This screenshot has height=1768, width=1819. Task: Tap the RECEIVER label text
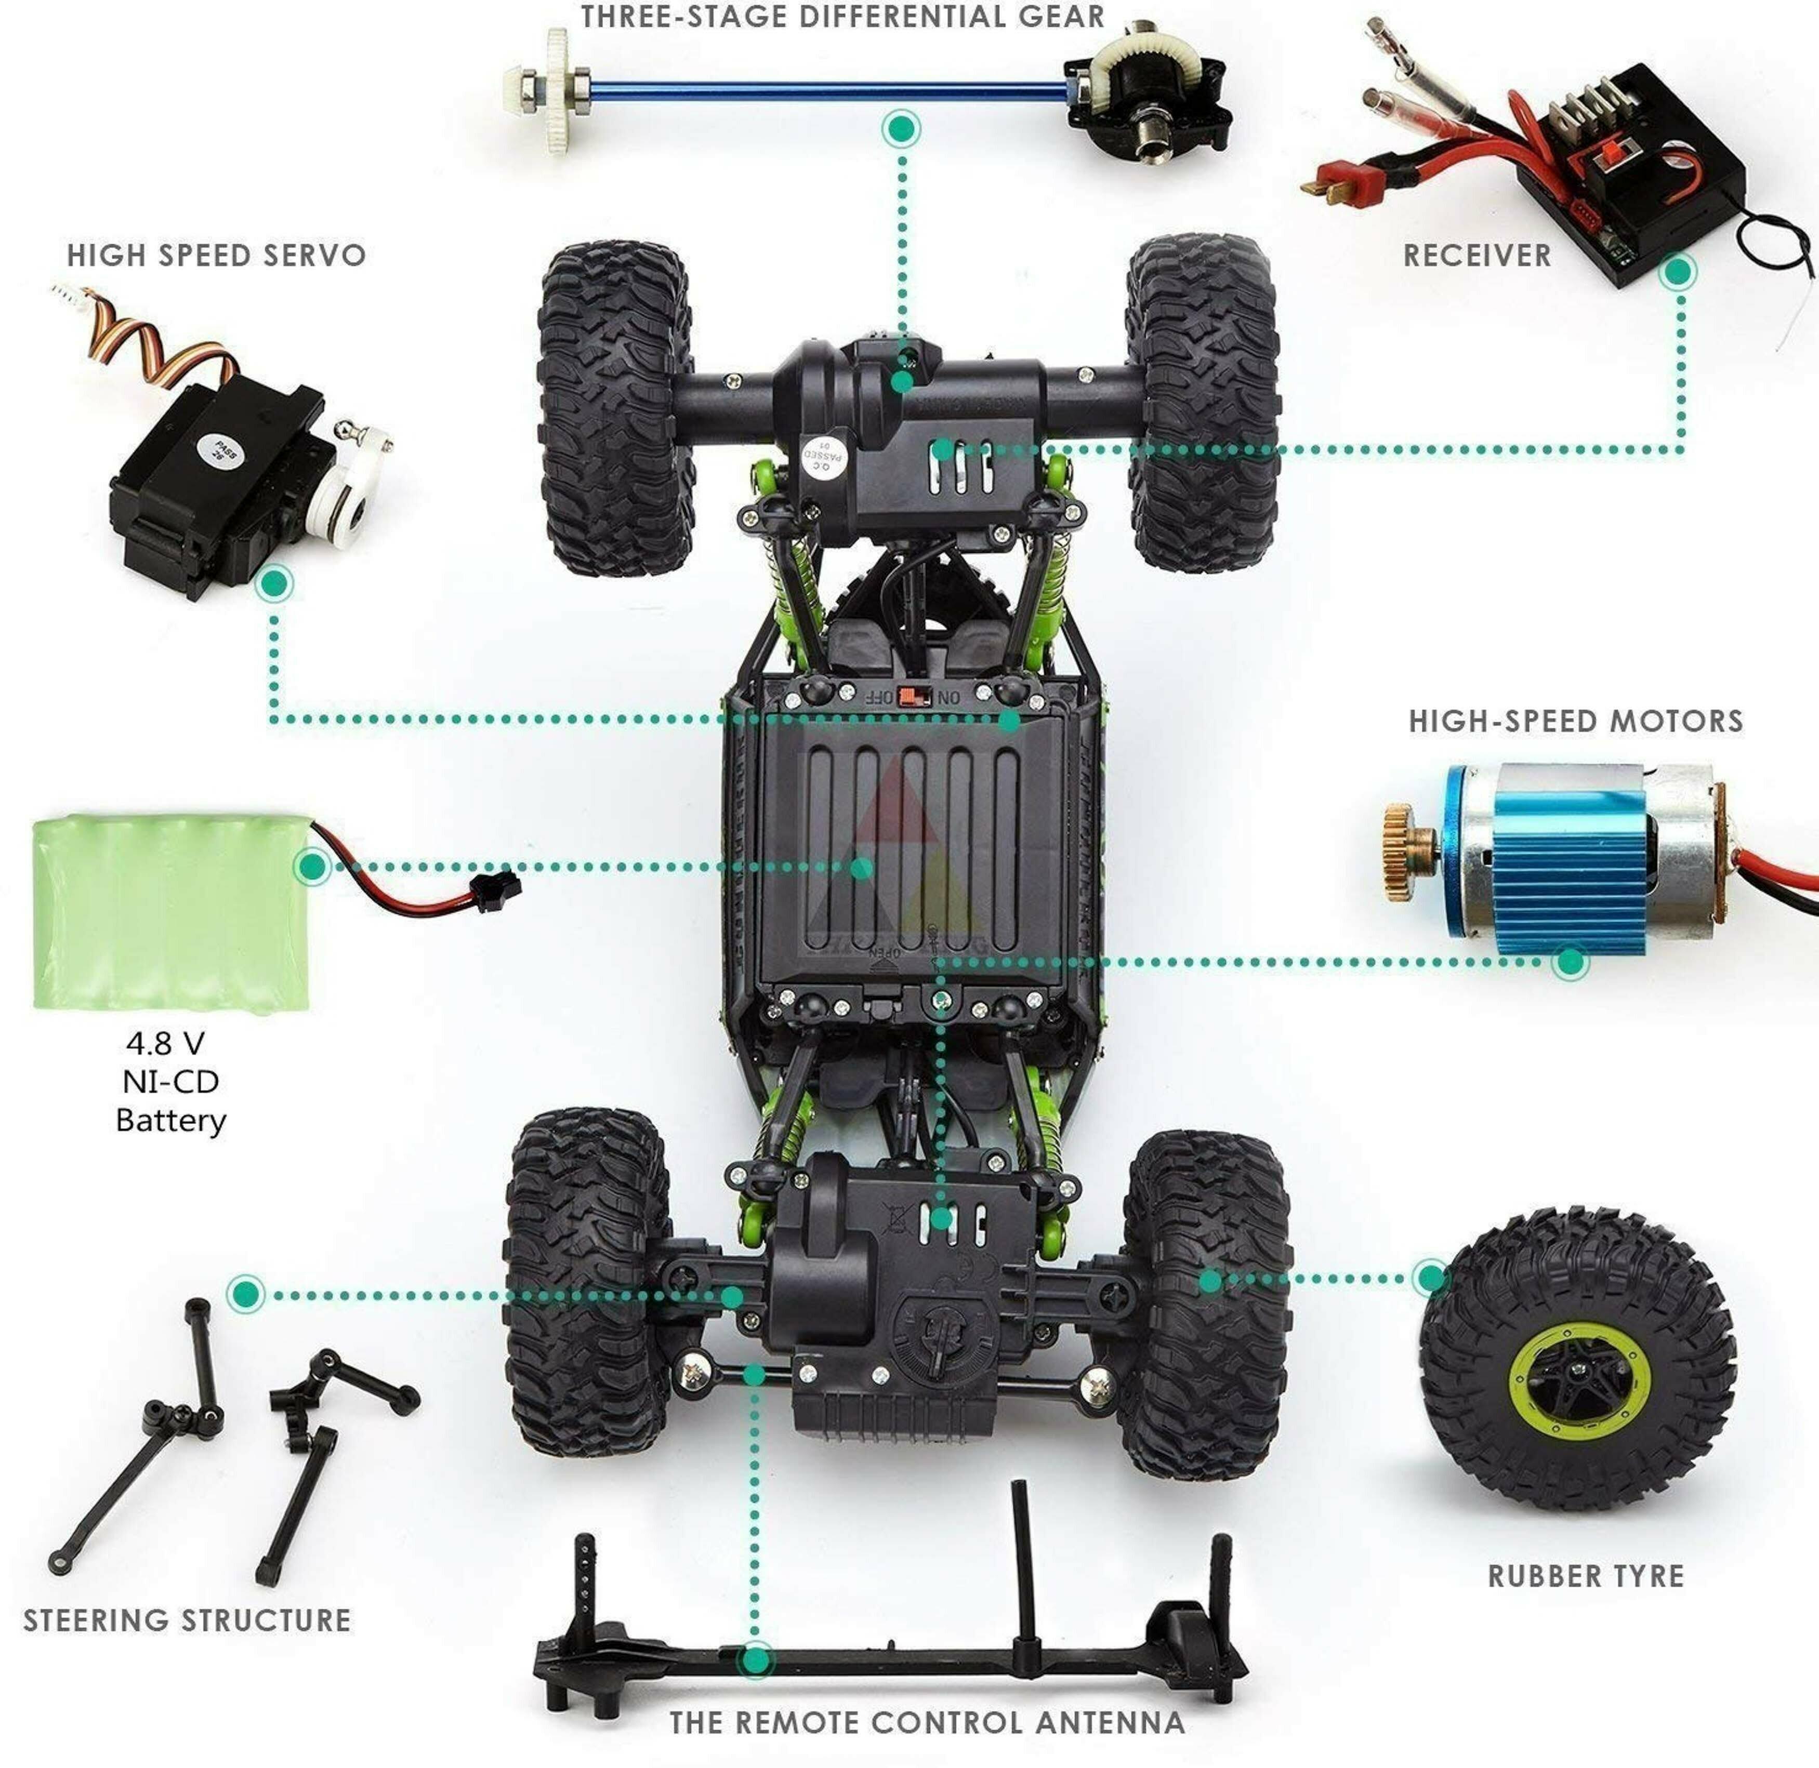click(x=1476, y=256)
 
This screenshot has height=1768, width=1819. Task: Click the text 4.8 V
click(x=165, y=1044)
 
